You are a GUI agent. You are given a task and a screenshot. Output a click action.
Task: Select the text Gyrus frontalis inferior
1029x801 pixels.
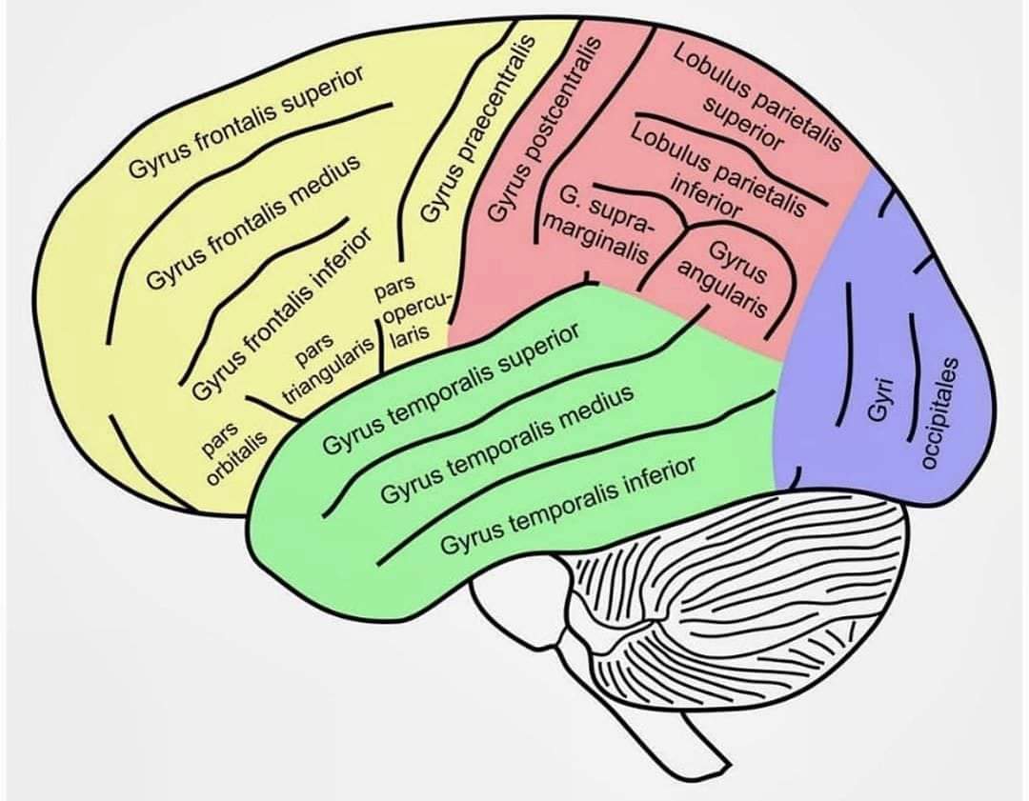[280, 315]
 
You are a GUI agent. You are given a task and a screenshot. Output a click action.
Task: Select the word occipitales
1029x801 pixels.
[941, 413]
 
